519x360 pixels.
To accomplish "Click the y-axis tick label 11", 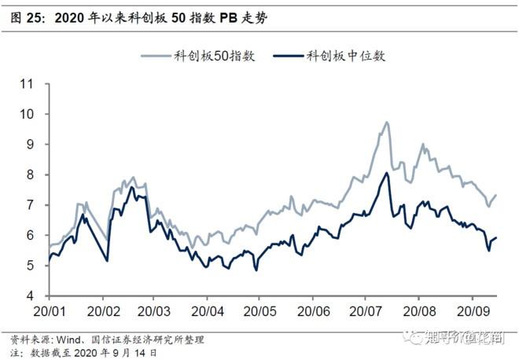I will tap(29, 83).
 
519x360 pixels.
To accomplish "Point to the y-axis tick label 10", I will tap(29, 114).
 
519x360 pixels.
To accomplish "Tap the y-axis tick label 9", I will tap(32, 145).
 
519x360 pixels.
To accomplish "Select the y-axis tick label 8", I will tap(32, 174).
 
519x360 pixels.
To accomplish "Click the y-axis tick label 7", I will tap(32, 205).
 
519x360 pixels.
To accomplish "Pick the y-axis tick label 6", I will tap(32, 236).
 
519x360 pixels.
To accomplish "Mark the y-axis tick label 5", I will tap(32, 266).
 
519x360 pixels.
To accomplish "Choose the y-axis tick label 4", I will tap(32, 296).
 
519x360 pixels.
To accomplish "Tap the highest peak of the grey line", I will tap(387, 123).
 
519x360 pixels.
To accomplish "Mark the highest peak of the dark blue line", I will tap(387, 173).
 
